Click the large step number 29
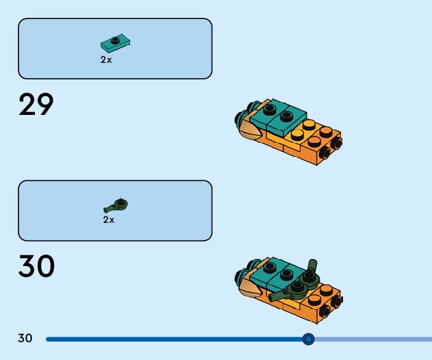click(x=36, y=105)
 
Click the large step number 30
click(x=36, y=267)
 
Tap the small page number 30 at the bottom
click(x=25, y=338)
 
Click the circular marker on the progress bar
click(x=309, y=339)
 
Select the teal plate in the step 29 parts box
click(x=116, y=43)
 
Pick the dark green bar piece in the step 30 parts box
click(x=116, y=205)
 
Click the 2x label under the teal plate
click(x=106, y=60)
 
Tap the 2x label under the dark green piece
click(x=109, y=220)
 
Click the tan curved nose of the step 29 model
click(x=249, y=131)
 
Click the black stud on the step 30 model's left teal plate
click(x=269, y=267)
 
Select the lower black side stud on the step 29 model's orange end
click(x=325, y=152)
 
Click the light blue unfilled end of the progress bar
click(x=381, y=339)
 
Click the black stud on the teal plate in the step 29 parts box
click(x=115, y=40)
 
